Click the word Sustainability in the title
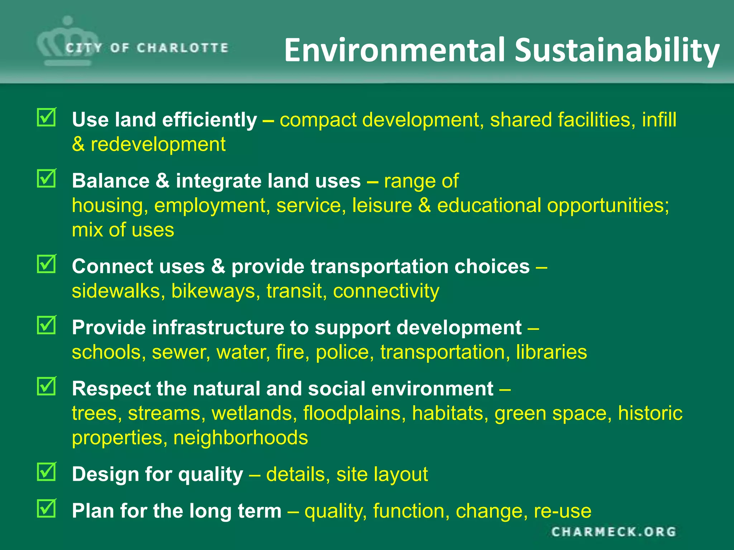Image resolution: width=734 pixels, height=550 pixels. pyautogui.click(x=617, y=50)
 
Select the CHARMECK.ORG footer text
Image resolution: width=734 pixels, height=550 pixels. pyautogui.click(x=614, y=532)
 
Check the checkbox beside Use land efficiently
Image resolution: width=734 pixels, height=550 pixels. pyautogui.click(x=47, y=117)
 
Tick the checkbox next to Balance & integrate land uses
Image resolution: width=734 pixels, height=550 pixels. pyautogui.click(x=47, y=178)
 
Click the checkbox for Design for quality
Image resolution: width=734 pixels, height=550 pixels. pyautogui.click(x=47, y=472)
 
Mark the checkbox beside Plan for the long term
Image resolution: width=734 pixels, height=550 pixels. pyautogui.click(x=47, y=508)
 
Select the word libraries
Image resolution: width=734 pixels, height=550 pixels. pyautogui.click(x=551, y=352)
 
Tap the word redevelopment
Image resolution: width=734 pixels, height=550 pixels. pyautogui.click(x=158, y=145)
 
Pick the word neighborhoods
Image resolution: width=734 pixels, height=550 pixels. pyautogui.click(x=240, y=438)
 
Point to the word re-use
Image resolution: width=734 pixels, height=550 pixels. pyautogui.click(x=562, y=511)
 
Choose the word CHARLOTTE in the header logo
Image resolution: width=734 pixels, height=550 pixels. pyautogui.click(x=182, y=48)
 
